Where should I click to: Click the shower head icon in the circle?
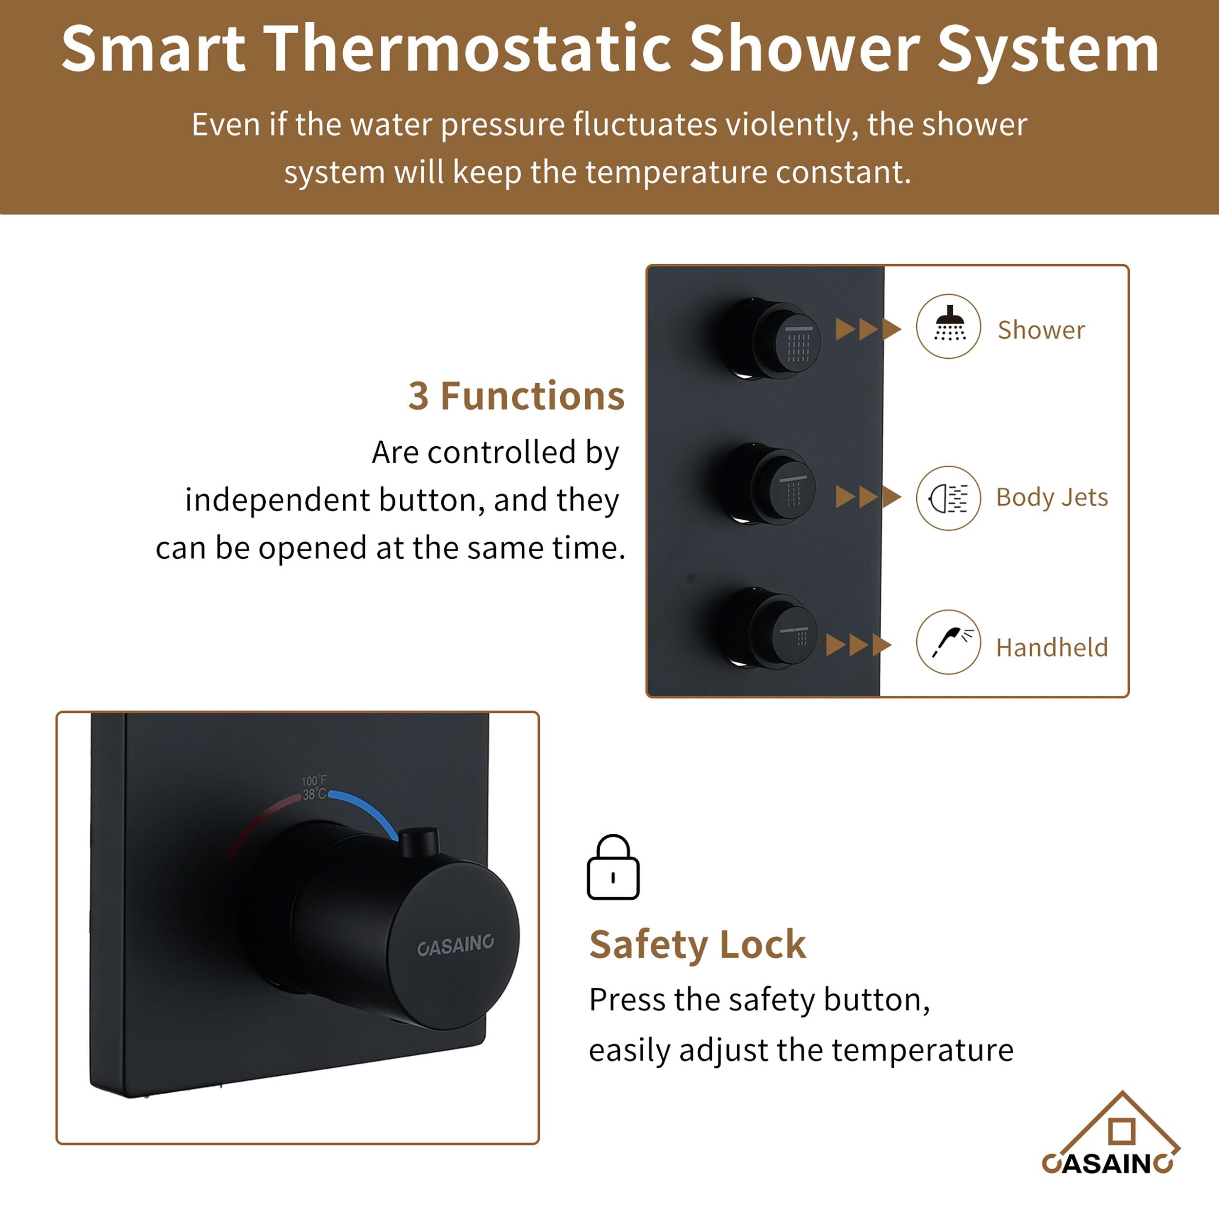coord(948,326)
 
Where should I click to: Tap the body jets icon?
coord(948,498)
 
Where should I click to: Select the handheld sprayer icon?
coord(948,642)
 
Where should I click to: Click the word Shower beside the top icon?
coord(1041,330)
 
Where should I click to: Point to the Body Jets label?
coord(1052,497)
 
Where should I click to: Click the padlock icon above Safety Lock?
coord(612,867)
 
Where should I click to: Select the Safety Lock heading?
coord(697,944)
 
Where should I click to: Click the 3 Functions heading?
coord(516,396)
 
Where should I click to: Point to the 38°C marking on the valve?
coord(314,794)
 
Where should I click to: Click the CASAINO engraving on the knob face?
coord(455,945)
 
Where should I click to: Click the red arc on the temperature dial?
coord(262,820)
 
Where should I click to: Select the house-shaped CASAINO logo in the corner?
coord(1110,1136)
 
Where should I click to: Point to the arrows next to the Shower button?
coord(867,329)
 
